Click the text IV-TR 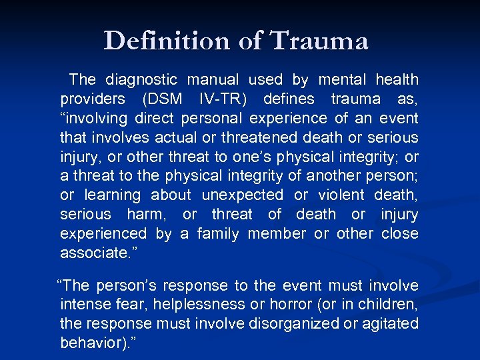pos(223,99)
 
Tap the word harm pos(148,215)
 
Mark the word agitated pos(387,324)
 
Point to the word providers pos(92,99)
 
